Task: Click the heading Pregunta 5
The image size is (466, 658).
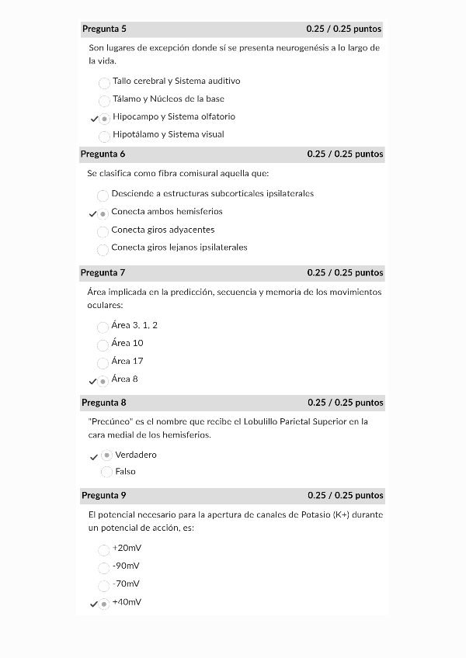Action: (x=104, y=29)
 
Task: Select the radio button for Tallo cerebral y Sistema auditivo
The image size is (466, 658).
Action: (x=104, y=83)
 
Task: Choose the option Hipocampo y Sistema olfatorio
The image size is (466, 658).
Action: (x=173, y=116)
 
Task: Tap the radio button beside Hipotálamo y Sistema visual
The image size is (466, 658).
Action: (x=104, y=137)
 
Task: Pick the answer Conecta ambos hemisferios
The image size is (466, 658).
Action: (x=166, y=211)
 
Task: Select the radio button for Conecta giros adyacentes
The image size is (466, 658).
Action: (x=103, y=232)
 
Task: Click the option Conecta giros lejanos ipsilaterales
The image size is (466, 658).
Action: (x=179, y=248)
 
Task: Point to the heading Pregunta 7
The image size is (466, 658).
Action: (x=103, y=272)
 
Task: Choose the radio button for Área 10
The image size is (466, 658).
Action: (x=103, y=345)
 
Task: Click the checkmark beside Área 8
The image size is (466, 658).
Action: (x=93, y=382)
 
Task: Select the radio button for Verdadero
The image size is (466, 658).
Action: (x=106, y=455)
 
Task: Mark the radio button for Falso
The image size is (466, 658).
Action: (x=106, y=473)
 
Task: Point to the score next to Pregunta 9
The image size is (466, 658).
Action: (x=345, y=495)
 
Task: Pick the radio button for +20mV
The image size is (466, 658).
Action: (x=103, y=550)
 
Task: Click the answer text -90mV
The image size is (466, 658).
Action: (x=126, y=566)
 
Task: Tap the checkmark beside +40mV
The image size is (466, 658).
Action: (x=93, y=604)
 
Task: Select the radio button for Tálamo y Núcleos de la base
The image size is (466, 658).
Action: (x=104, y=101)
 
